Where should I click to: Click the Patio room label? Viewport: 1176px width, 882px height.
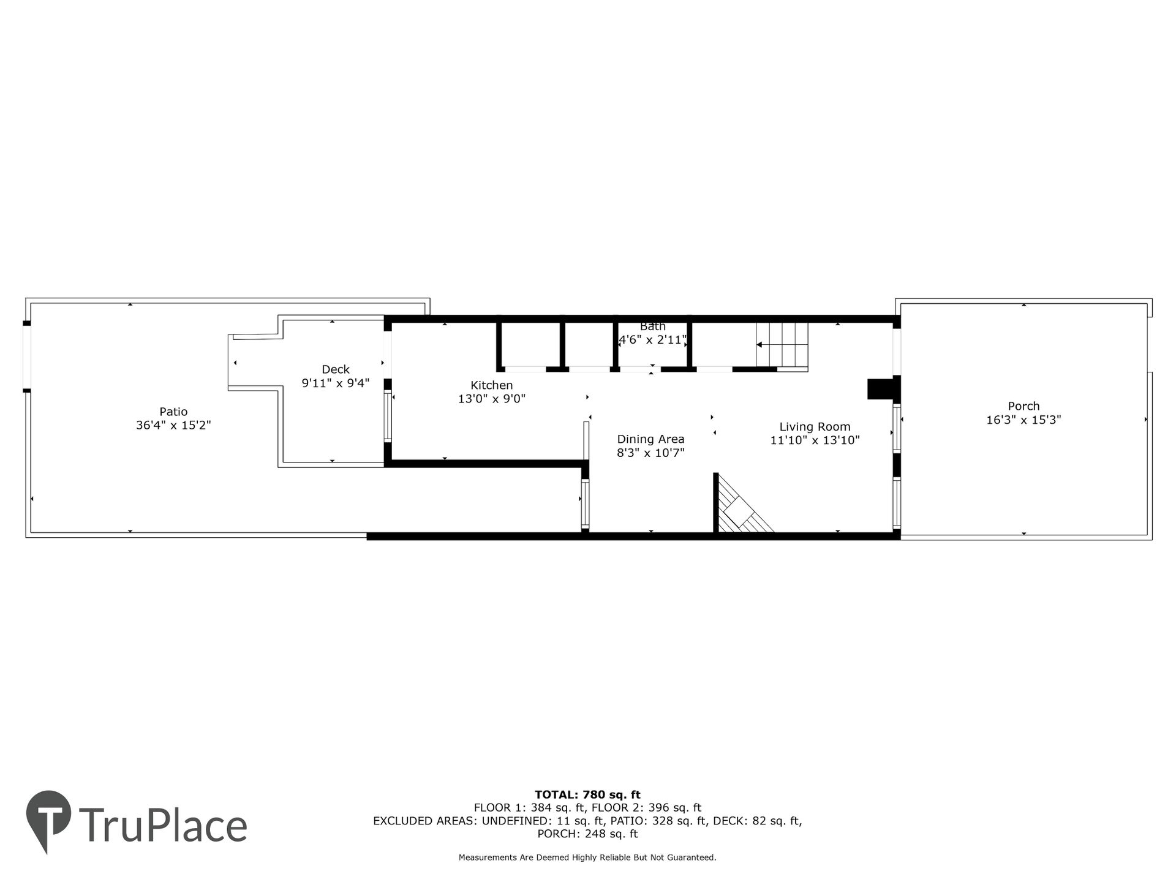173,412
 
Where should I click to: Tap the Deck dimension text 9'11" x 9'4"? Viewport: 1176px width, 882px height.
336,383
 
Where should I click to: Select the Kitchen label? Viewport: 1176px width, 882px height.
492,385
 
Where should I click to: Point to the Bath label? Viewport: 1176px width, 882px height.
653,326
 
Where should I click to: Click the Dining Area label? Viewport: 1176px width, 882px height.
650,439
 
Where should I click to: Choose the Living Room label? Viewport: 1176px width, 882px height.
815,427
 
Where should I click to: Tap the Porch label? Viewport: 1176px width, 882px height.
1023,406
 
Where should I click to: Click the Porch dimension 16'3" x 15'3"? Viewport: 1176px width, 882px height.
1023,420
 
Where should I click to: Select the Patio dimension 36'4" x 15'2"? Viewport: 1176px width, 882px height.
173,426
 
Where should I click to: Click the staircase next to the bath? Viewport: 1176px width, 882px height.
782,346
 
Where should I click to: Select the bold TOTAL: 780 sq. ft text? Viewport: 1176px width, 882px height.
587,795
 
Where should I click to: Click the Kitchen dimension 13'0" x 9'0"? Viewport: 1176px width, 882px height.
492,399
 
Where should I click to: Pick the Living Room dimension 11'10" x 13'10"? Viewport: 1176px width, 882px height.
815,440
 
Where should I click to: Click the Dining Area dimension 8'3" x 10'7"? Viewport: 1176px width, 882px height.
650,453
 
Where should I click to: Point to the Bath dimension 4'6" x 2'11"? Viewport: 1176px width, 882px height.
653,340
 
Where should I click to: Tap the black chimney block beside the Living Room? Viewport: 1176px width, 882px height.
881,390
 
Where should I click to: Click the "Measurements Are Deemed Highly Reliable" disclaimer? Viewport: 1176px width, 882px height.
587,858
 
